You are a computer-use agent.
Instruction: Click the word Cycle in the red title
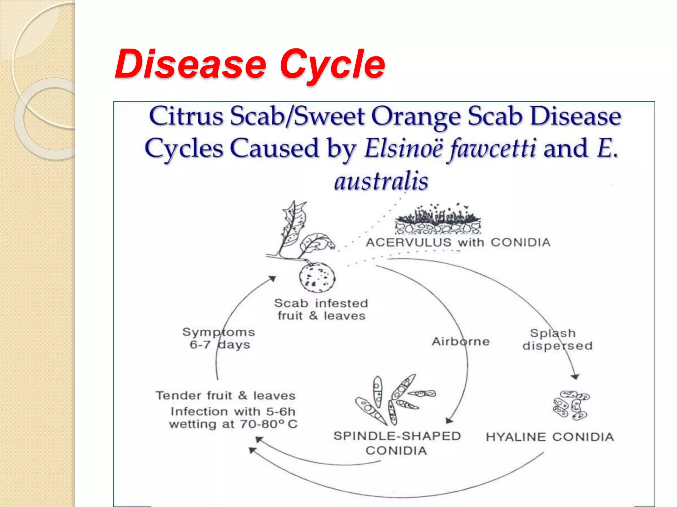332,65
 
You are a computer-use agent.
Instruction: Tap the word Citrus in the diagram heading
186,116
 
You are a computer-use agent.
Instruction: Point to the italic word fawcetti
492,149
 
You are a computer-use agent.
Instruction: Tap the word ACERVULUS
409,243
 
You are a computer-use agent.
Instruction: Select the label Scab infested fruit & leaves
321,309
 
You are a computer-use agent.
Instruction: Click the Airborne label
460,341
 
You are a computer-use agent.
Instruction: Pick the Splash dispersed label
557,339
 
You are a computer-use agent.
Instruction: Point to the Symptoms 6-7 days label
219,338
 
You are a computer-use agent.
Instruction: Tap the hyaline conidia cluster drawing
571,405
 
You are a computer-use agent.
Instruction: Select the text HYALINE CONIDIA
549,437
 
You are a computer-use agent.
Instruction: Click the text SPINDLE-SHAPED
397,436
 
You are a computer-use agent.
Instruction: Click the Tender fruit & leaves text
225,395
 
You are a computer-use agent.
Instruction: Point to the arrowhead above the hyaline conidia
575,377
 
